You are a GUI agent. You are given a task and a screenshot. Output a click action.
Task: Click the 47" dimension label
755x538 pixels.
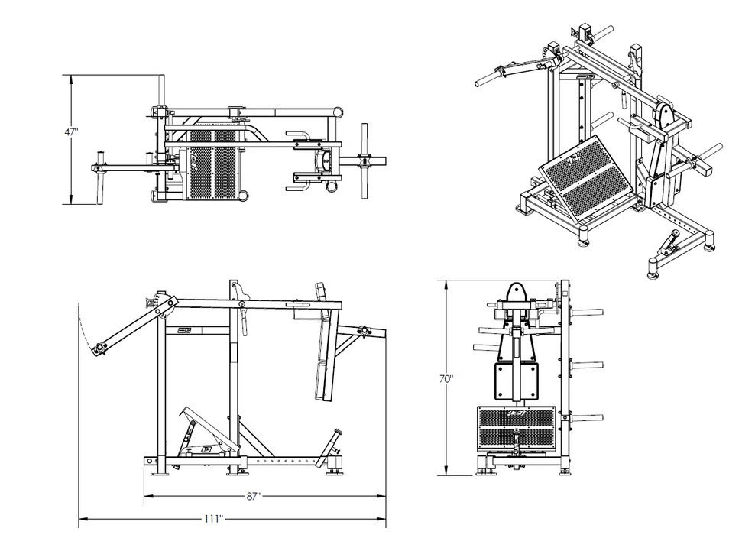coord(71,131)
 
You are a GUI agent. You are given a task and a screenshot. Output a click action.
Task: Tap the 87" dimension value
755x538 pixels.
coord(254,496)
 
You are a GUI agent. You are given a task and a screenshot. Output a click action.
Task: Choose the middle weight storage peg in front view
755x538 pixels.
coord(587,364)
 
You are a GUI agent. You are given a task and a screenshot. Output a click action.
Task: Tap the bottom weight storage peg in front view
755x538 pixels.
coord(587,417)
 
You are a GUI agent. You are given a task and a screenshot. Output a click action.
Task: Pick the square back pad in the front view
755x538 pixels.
coord(517,381)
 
